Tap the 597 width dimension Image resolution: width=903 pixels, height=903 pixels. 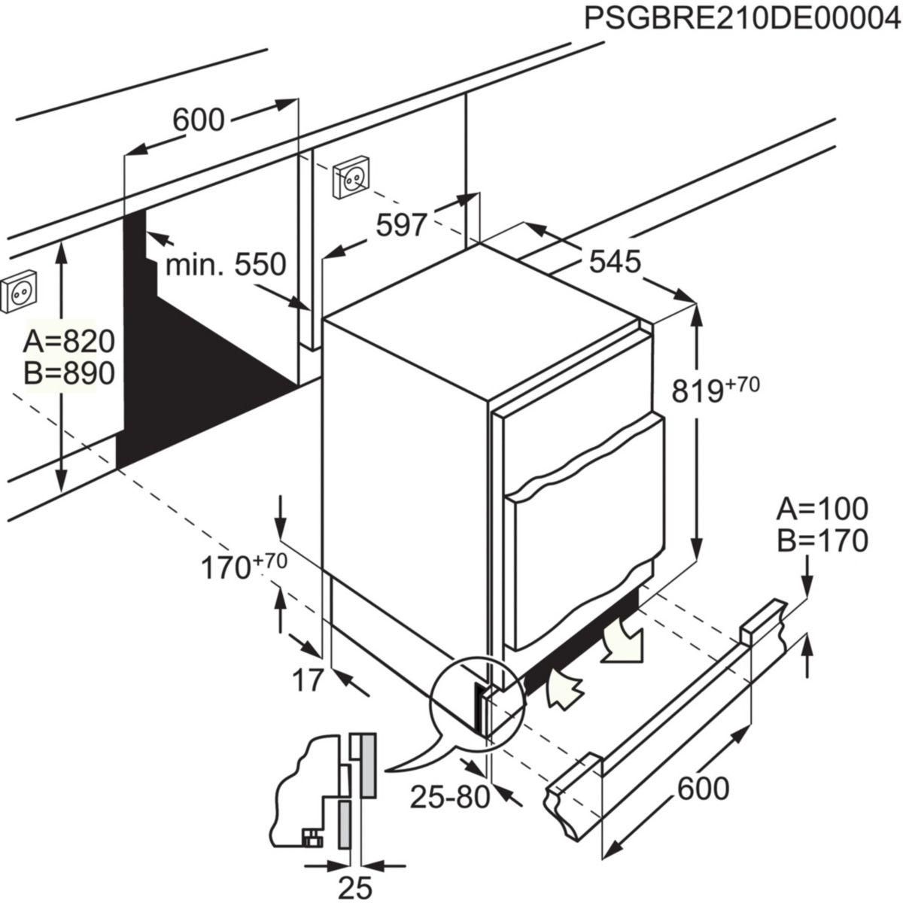pos(402,224)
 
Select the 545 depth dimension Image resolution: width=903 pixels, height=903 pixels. pos(615,261)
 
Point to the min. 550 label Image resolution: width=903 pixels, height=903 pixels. pos(226,264)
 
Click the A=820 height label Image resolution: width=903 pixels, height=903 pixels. pos(68,342)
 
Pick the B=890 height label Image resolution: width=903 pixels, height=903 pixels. pos(68,373)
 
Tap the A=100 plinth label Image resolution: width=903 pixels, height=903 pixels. pos(822,509)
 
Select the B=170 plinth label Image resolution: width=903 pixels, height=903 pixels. pos(822,540)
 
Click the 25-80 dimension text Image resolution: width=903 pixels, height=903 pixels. pos(449,797)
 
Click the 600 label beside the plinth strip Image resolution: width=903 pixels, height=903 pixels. pos(703,789)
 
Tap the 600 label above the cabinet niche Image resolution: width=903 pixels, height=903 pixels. pos(199,119)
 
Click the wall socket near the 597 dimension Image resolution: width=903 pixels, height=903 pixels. pos(351,178)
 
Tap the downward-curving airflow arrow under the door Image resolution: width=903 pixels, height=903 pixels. pos(624,641)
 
